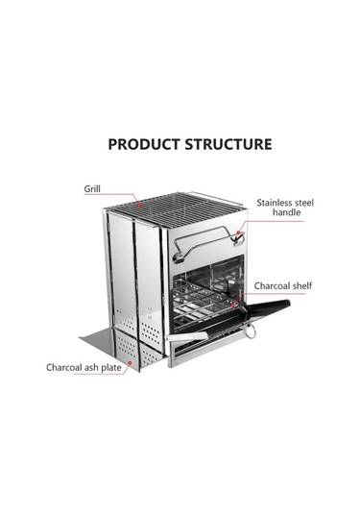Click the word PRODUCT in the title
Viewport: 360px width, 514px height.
(x=144, y=144)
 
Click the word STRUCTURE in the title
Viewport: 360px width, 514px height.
(x=228, y=144)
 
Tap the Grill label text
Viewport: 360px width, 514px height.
(x=92, y=189)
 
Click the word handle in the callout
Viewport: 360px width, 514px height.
(x=287, y=212)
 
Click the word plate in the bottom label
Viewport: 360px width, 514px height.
(x=111, y=368)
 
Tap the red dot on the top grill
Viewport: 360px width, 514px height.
(x=139, y=206)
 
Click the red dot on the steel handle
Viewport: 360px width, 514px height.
(x=238, y=233)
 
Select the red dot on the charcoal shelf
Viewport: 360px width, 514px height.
(x=233, y=306)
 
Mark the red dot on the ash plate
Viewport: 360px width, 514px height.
(x=130, y=363)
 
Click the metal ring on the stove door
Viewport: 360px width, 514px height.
(x=250, y=330)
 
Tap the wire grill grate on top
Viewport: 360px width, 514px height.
(x=174, y=208)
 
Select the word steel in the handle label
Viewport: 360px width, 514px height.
(x=304, y=203)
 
